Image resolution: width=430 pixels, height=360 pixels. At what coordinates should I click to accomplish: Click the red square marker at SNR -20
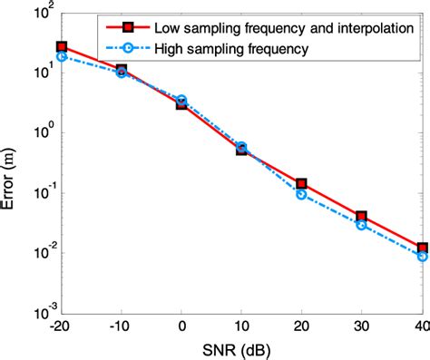(x=62, y=46)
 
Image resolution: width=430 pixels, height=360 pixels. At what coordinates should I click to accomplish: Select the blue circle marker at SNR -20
(x=62, y=56)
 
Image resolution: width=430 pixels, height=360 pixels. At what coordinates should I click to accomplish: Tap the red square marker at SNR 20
(x=301, y=183)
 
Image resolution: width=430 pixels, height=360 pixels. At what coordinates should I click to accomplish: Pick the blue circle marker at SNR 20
(x=301, y=194)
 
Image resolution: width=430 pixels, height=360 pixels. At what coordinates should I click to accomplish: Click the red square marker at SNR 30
(x=361, y=217)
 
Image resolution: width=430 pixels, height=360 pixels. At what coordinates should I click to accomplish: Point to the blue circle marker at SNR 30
(x=361, y=224)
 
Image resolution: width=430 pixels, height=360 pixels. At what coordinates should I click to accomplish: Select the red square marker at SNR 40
(x=421, y=248)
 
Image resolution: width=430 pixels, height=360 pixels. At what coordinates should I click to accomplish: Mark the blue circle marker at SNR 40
(x=421, y=256)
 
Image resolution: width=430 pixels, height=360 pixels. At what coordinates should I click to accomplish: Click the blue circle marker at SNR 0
(x=181, y=100)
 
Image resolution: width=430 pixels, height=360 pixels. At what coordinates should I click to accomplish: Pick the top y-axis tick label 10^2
(x=41, y=13)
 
